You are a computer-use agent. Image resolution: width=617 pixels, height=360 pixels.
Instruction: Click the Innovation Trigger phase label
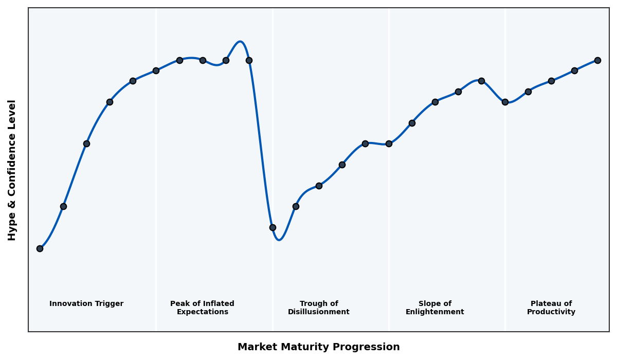86,304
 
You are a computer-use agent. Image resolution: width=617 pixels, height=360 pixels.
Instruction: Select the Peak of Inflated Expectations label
202,308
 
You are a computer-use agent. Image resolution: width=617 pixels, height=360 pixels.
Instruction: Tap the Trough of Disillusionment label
319,308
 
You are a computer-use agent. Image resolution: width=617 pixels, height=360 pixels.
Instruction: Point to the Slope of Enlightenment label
435,308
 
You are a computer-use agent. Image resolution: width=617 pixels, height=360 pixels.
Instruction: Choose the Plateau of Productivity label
551,308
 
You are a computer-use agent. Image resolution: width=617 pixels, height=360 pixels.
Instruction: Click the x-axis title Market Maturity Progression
319,347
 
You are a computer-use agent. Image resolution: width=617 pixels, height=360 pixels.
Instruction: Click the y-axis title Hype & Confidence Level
12,170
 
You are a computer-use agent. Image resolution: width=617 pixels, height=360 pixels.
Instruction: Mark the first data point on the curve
40,248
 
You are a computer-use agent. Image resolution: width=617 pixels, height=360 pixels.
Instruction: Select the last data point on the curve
597,60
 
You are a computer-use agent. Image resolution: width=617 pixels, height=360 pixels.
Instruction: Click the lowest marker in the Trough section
273,227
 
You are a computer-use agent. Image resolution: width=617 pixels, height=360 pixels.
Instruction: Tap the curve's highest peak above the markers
240,42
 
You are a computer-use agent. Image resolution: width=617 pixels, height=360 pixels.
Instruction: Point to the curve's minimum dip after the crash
279,240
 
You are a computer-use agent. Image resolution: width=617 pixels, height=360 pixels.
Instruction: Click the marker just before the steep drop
249,60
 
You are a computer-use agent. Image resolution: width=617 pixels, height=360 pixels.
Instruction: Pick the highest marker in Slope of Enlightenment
481,81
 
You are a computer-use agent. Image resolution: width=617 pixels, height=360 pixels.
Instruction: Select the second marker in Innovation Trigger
63,206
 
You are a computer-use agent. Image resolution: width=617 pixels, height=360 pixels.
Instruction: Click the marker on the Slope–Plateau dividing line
505,102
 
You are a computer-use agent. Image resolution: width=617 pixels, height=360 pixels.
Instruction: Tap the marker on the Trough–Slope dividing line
389,143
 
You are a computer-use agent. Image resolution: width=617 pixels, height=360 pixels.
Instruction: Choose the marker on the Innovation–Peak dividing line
156,70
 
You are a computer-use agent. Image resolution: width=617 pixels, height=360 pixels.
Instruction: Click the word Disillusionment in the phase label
319,312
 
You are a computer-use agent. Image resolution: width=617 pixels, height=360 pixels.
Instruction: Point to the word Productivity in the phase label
551,312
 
